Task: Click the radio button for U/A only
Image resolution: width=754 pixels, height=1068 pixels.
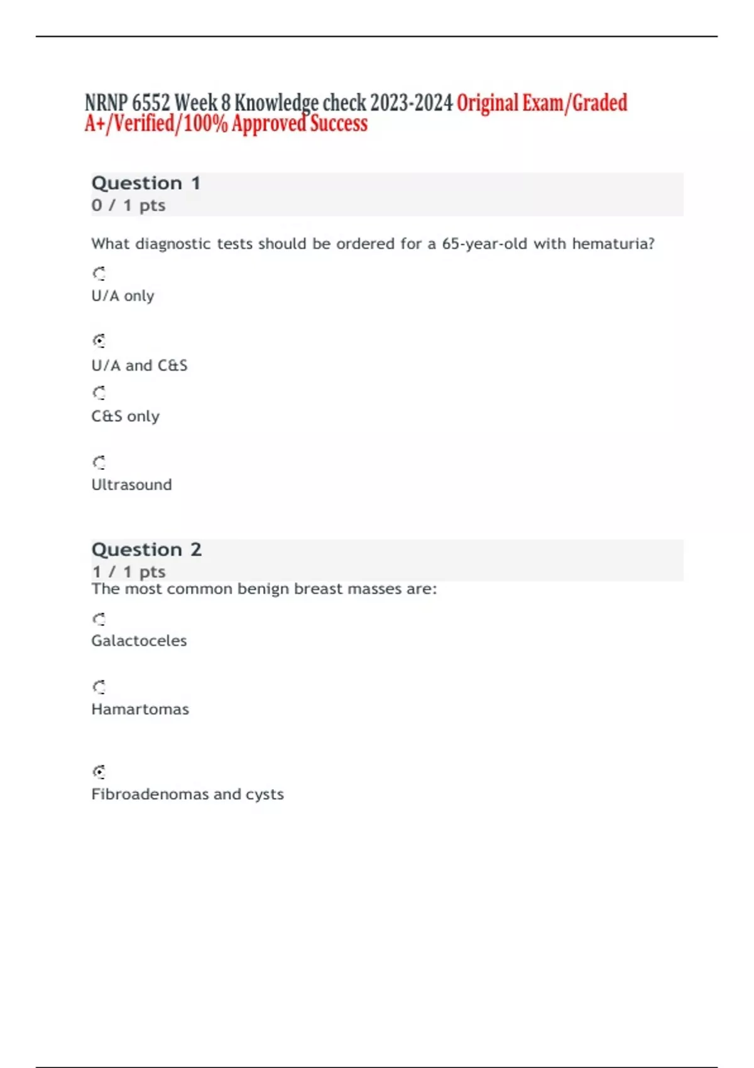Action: point(99,273)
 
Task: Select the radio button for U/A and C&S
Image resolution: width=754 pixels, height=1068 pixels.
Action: point(99,341)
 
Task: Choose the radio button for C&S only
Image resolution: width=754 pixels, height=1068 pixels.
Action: point(99,393)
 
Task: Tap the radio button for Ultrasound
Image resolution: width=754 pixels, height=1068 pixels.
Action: point(99,462)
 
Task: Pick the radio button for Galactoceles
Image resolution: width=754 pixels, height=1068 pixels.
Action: point(99,619)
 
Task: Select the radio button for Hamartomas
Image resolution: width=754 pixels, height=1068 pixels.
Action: point(99,687)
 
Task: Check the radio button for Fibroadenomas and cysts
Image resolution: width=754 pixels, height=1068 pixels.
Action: point(99,771)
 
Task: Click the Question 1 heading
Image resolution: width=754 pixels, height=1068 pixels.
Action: point(146,183)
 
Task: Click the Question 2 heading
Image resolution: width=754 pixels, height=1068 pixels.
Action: point(146,550)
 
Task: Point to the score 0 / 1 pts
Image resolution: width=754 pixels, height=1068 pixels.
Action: point(128,205)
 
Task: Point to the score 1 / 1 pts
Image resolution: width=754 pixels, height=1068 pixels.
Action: point(128,572)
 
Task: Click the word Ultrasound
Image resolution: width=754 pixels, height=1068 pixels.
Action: point(131,485)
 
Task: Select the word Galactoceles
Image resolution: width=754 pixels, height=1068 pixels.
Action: point(139,641)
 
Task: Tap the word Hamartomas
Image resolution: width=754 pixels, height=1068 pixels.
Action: point(140,709)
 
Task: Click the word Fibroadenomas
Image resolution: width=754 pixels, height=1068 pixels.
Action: point(150,794)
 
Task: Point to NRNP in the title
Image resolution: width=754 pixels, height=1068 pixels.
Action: point(106,102)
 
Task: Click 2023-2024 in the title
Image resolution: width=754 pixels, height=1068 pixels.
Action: point(411,102)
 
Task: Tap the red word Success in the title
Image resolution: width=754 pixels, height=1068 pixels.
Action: point(339,124)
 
